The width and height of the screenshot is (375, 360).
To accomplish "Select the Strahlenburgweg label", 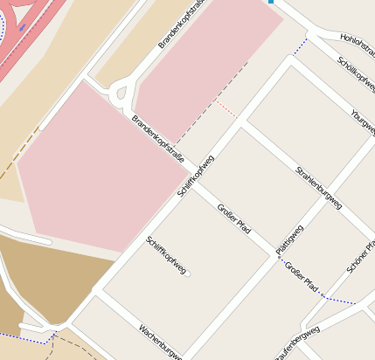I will [x=318, y=187].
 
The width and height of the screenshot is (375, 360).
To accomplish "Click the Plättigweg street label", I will [x=288, y=239].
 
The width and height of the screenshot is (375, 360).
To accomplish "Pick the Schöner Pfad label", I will [x=361, y=254].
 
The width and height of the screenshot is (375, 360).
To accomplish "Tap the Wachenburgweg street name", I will [x=159, y=342].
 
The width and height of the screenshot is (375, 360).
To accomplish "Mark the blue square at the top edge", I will [x=271, y=2].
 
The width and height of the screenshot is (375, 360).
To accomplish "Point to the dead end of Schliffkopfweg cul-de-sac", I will [x=187, y=274].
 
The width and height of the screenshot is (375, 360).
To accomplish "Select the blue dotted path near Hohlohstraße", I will [x=301, y=44].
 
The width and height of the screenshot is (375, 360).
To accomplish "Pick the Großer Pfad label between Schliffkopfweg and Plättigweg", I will [x=233, y=218].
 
